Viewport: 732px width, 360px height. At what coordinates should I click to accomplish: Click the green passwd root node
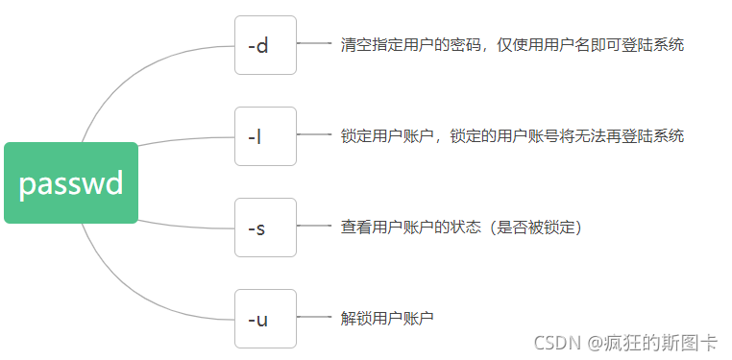click(71, 182)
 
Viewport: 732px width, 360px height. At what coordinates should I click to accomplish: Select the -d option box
click(265, 45)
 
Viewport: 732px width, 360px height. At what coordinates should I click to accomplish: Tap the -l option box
click(265, 136)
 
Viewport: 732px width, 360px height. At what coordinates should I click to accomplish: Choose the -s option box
click(265, 228)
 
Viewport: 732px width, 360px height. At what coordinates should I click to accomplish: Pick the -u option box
click(265, 318)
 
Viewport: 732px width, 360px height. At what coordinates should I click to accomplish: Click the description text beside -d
click(512, 44)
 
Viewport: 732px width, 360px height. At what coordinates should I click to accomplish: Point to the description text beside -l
click(512, 135)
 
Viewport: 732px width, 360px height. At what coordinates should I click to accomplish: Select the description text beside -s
click(461, 227)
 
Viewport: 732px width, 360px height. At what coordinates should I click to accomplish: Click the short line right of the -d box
click(314, 43)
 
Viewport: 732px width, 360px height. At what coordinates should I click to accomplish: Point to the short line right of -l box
click(314, 135)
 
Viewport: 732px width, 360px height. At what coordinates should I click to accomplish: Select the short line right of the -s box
click(314, 227)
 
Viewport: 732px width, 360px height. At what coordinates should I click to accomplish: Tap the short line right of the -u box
click(314, 317)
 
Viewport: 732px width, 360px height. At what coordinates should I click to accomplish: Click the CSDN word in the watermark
click(554, 341)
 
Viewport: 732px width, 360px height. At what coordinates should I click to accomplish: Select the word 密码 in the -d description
click(458, 44)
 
